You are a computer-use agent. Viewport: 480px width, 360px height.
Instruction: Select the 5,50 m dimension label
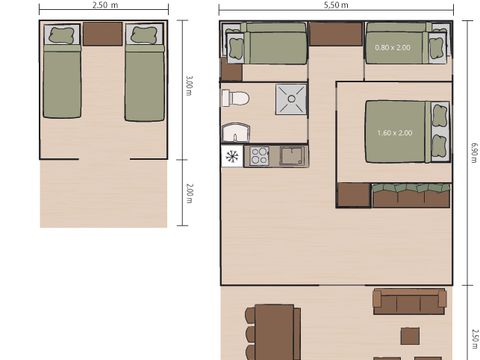pyautogui.click(x=336, y=5)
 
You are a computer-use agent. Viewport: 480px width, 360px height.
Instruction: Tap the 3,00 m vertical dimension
pyautogui.click(x=188, y=87)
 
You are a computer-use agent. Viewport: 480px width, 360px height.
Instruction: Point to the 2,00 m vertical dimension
pyautogui.click(x=188, y=192)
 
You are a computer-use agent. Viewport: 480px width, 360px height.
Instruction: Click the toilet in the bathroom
pyautogui.click(x=235, y=99)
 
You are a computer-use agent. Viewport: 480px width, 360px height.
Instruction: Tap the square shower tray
pyautogui.click(x=291, y=99)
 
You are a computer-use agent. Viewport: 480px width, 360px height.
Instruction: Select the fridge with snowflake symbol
pyautogui.click(x=232, y=156)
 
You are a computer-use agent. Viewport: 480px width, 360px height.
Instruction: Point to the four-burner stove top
pyautogui.click(x=258, y=156)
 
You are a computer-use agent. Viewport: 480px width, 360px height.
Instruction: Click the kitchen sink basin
pyautogui.click(x=291, y=156)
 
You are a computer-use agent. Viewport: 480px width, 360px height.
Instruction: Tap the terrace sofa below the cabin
pyautogui.click(x=409, y=300)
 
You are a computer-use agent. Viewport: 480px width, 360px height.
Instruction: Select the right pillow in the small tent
pyautogui.click(x=144, y=35)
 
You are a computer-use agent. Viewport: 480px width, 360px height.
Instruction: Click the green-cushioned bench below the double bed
pyautogui.click(x=410, y=195)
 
